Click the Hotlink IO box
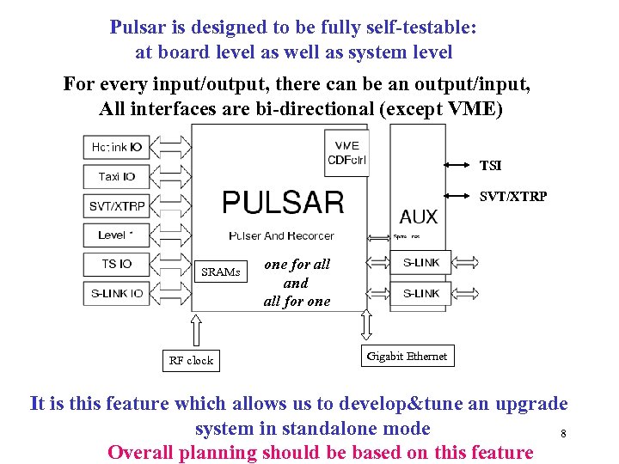(116, 147)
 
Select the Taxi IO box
(116, 176)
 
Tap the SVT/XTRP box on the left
(116, 206)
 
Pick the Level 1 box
(116, 235)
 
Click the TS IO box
(116, 264)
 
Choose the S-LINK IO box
(116, 293)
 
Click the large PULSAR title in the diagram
(283, 204)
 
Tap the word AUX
(419, 217)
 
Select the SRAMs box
(221, 272)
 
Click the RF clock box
(191, 360)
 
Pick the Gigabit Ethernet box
(407, 356)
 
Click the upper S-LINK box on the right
(420, 263)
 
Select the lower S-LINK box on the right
(420, 293)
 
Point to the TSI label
(491, 166)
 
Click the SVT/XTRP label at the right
(512, 196)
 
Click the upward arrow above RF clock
(196, 330)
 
